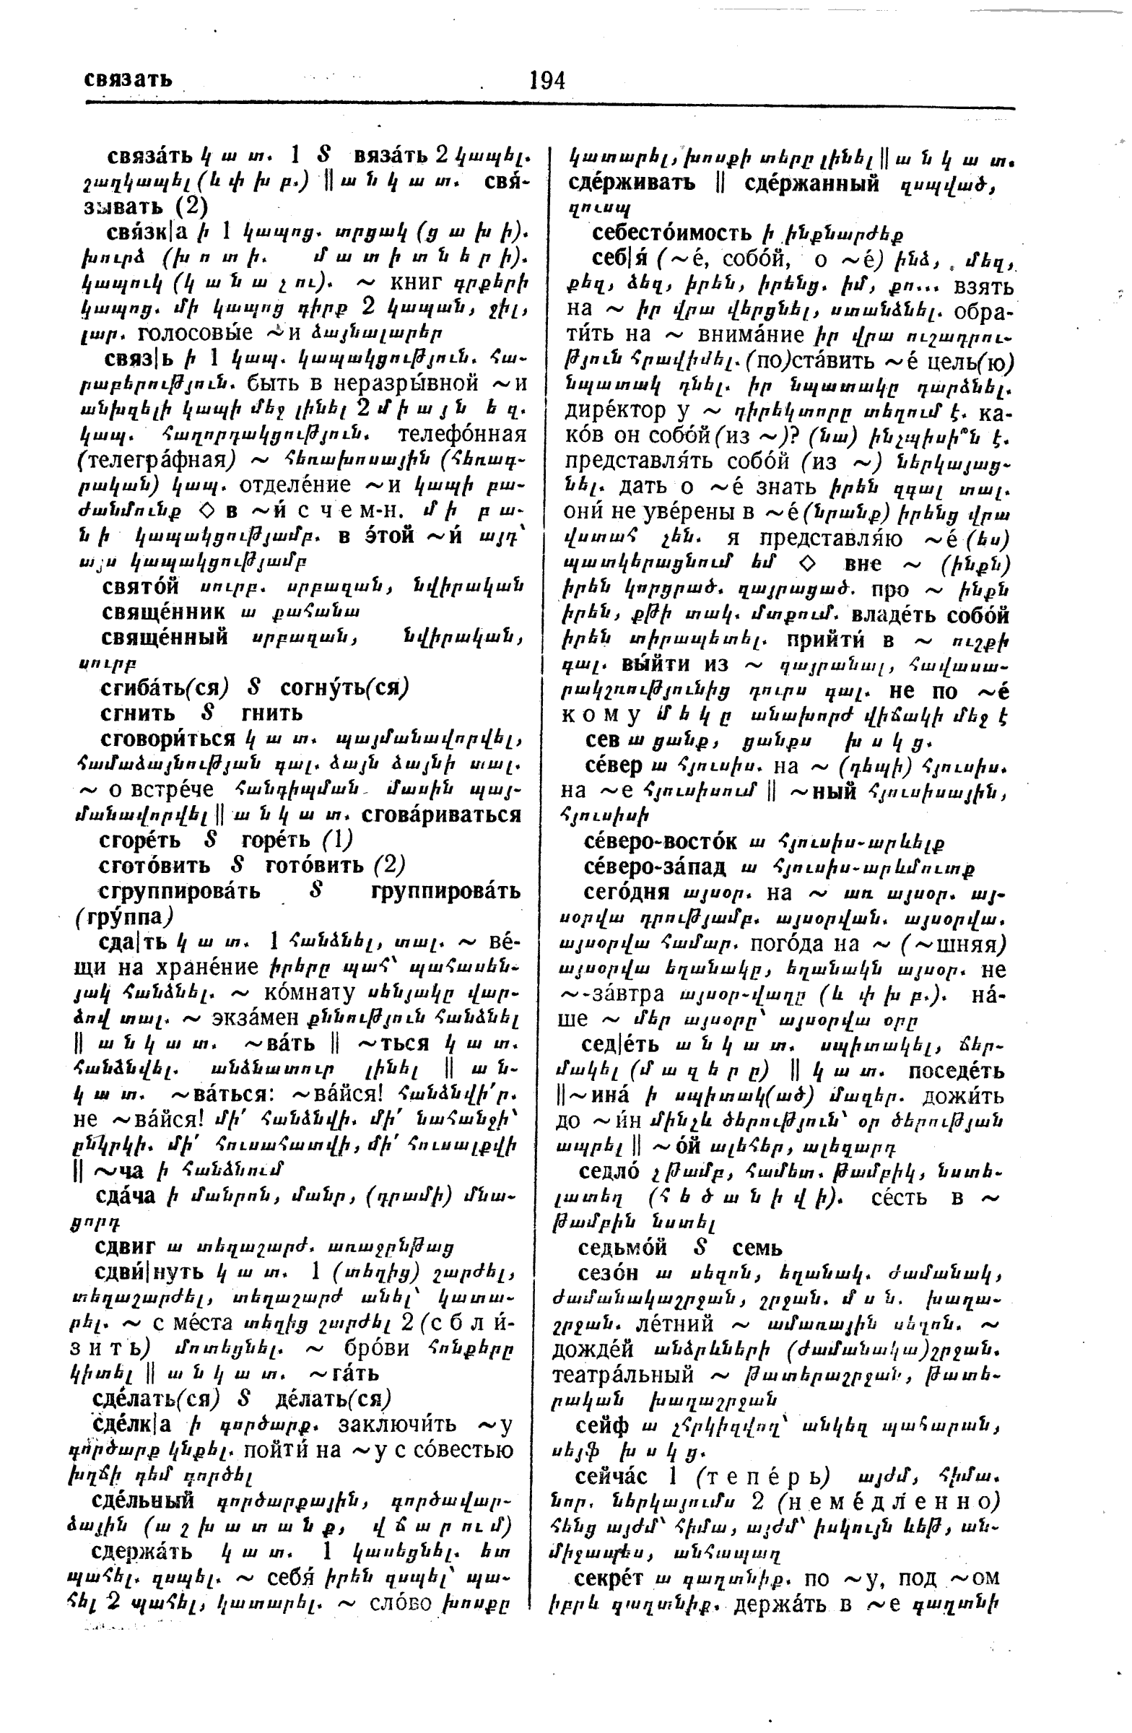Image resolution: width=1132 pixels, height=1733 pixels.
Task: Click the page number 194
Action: coord(547,80)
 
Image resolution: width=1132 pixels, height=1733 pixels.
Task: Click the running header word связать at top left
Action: coord(128,79)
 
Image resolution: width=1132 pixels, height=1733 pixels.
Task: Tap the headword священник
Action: coord(164,612)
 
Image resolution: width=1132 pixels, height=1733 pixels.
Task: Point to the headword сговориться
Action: coord(167,739)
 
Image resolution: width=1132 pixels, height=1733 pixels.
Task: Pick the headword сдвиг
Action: coord(126,1246)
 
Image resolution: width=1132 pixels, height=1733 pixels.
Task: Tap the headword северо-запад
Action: coord(656,867)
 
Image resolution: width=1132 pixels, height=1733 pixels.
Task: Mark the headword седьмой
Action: coord(622,1247)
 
